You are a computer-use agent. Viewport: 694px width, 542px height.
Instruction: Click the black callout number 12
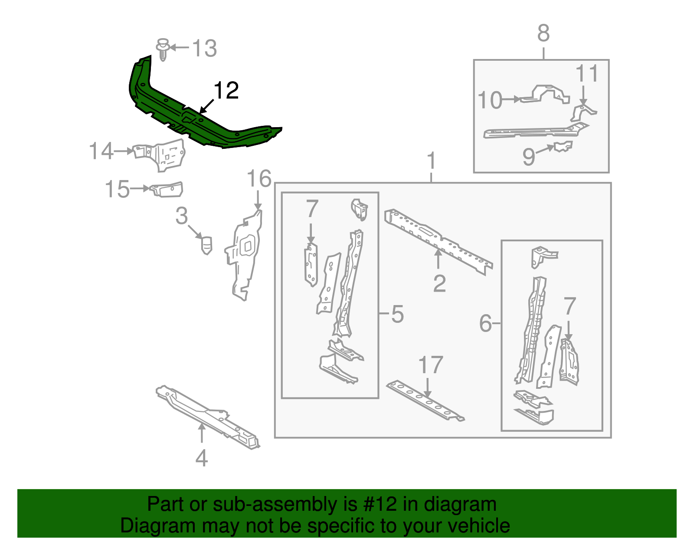pyautogui.click(x=226, y=90)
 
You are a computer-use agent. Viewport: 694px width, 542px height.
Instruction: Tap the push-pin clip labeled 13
pyautogui.click(x=163, y=49)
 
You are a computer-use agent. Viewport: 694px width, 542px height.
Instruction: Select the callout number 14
pyautogui.click(x=101, y=151)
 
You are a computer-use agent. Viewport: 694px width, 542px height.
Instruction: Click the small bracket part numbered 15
pyautogui.click(x=167, y=189)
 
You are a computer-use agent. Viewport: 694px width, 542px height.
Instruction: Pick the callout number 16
pyautogui.click(x=259, y=179)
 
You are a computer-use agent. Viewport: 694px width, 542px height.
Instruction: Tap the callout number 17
pyautogui.click(x=431, y=365)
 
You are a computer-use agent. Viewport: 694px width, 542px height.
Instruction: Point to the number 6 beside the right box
pyautogui.click(x=485, y=323)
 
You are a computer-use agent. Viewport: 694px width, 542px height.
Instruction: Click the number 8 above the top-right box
pyautogui.click(x=543, y=33)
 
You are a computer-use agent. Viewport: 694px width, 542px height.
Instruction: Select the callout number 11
pyautogui.click(x=587, y=74)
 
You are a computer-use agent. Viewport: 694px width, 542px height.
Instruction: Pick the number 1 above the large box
pyautogui.click(x=431, y=161)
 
